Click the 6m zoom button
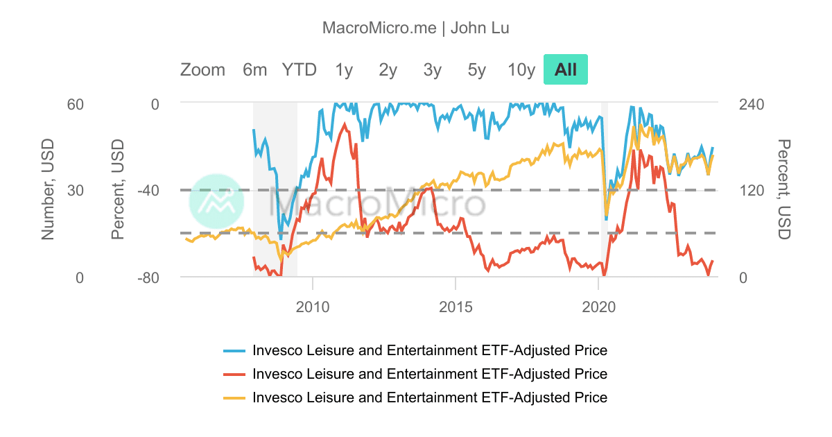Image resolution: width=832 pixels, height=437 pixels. [x=254, y=69]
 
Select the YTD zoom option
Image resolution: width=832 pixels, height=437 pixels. [x=299, y=69]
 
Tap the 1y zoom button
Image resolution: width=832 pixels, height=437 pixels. [x=344, y=69]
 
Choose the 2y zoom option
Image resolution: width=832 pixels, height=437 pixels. [x=388, y=69]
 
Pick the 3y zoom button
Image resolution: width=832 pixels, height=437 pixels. [x=433, y=69]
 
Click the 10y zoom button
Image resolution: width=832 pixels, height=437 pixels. [x=521, y=69]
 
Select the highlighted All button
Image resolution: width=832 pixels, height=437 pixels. [x=566, y=69]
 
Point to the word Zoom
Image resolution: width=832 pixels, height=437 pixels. [x=202, y=69]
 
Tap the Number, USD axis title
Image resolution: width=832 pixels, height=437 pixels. [x=47, y=189]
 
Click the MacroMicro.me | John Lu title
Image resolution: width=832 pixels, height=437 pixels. [x=416, y=28]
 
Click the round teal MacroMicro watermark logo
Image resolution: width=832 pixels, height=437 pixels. [x=216, y=202]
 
